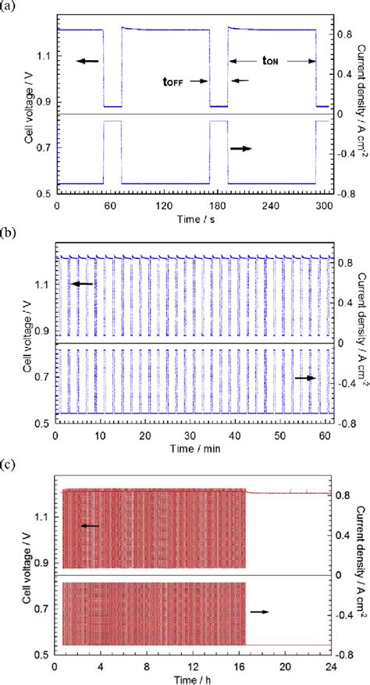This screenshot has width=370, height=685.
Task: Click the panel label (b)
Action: [7, 233]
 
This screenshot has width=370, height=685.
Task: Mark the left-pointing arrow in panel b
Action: [82, 285]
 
